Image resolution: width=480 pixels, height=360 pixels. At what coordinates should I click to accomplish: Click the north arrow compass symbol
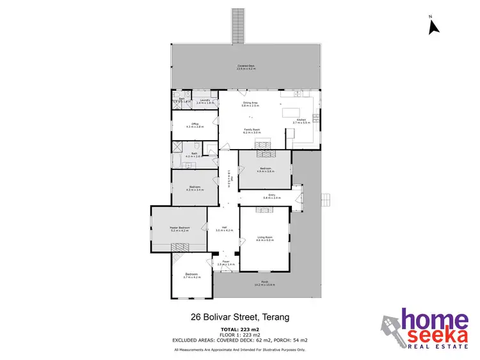(x=433, y=26)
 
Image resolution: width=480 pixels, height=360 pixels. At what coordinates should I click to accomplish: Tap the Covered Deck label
(x=246, y=67)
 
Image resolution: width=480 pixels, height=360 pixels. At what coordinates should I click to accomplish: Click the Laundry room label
(x=205, y=101)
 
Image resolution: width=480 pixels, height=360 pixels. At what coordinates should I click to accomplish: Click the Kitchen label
(x=301, y=120)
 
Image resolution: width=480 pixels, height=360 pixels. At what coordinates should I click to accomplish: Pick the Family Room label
(x=252, y=130)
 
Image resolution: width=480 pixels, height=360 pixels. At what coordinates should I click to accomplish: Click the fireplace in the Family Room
(x=264, y=145)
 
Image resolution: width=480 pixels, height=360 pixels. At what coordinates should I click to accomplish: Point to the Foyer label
(x=226, y=262)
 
